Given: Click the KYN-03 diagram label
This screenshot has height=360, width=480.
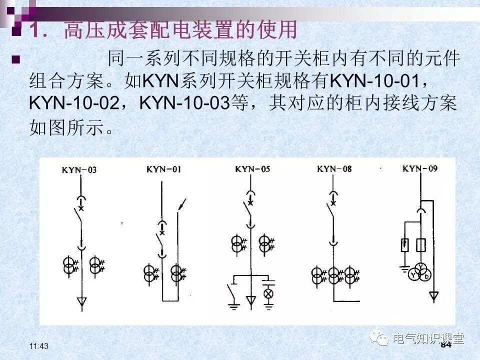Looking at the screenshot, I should coord(79,170).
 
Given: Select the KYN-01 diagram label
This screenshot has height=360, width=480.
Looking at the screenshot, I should coord(163,169).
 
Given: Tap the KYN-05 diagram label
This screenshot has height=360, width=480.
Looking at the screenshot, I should coord(252,169).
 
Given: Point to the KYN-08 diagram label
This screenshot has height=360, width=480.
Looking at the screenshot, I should coord(334,168).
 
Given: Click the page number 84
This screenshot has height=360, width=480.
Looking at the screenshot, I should coord(446,344).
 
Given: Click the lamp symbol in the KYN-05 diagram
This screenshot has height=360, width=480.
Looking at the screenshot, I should coord(268,293).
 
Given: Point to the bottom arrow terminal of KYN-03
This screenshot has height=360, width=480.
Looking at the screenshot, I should coord(81,301).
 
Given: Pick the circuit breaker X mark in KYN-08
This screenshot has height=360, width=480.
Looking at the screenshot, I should coord(332,203).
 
